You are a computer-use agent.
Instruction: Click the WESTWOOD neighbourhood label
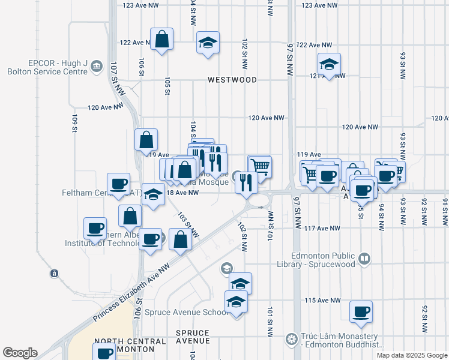(232, 80)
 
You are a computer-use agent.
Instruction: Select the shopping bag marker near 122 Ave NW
(162, 40)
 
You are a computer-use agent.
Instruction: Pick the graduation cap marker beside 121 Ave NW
(329, 64)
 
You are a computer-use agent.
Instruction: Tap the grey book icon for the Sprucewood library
(364, 259)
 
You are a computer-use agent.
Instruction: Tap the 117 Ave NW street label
(322, 229)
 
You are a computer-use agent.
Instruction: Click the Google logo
(20, 353)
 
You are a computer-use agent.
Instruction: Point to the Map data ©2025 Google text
(411, 355)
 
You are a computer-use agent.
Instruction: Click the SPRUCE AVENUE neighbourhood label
(193, 337)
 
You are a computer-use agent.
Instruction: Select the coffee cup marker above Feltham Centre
(119, 184)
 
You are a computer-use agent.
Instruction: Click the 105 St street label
(167, 85)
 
